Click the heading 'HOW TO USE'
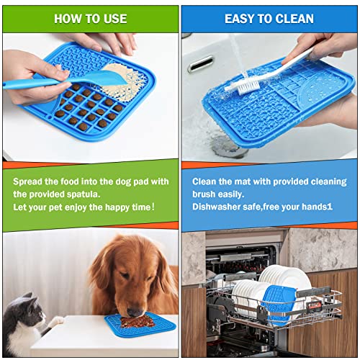89,18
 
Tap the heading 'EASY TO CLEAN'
269,18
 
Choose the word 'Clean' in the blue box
207,181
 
